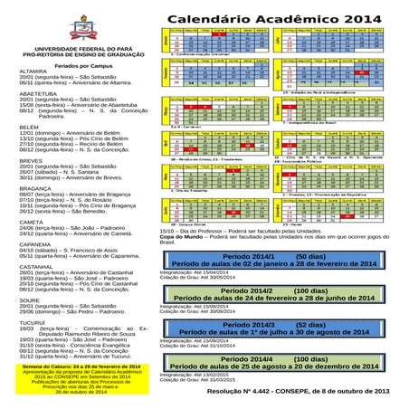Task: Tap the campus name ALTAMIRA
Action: [33, 76]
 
